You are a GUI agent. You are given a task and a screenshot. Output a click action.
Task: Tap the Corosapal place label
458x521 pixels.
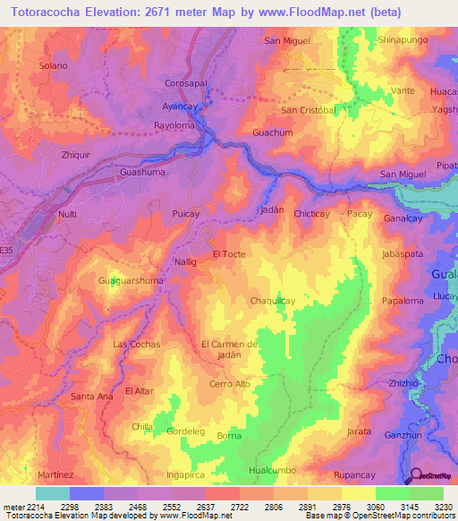coord(186,83)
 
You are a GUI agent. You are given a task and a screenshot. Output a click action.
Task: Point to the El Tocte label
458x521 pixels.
coord(229,254)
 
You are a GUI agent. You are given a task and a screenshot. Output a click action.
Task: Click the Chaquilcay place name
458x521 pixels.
coord(273,301)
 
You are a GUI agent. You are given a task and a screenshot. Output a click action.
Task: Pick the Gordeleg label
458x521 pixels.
coord(186,431)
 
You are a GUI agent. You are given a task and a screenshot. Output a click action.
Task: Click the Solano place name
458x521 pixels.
coord(54,66)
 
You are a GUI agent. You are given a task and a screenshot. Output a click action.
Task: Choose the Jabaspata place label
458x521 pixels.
coord(403,254)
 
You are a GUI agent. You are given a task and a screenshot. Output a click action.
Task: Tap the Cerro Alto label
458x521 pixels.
coord(229,384)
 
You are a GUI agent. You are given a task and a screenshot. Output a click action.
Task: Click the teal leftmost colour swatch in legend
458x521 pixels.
coord(52,493)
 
